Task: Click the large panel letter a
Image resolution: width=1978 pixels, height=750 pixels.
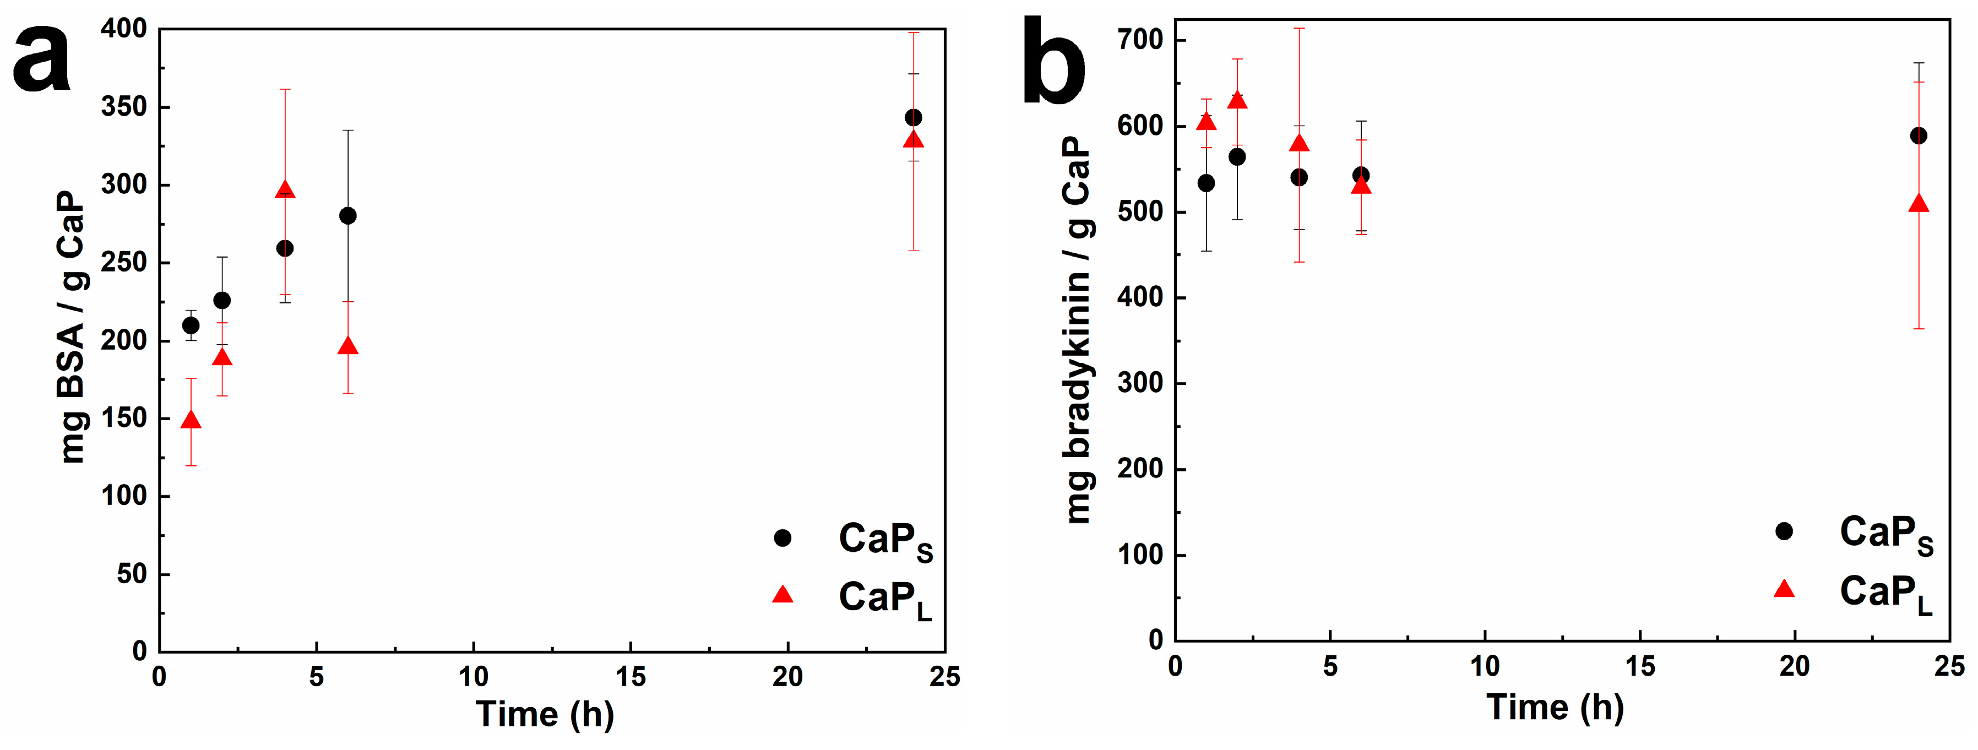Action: pyautogui.click(x=42, y=60)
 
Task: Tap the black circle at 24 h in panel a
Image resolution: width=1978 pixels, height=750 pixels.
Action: pyautogui.click(x=913, y=117)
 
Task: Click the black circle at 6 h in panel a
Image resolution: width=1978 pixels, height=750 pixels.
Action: pyautogui.click(x=348, y=216)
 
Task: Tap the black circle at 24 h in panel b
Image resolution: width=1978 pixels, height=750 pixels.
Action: pyautogui.click(x=1918, y=136)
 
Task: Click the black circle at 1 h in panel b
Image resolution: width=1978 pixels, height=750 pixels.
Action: pyautogui.click(x=1207, y=183)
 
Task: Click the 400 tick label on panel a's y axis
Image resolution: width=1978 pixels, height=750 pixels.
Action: pyautogui.click(x=123, y=29)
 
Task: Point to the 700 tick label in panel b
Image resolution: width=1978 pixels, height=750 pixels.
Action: pyautogui.click(x=1141, y=39)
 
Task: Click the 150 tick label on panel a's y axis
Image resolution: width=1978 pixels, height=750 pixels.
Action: pyautogui.click(x=123, y=419)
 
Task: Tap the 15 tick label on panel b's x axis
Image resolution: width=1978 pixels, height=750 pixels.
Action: pyautogui.click(x=1640, y=666)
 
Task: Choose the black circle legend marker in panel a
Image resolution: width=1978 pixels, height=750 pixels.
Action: pyautogui.click(x=782, y=538)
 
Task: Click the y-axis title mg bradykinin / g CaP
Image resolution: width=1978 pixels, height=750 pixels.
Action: pyautogui.click(x=1078, y=330)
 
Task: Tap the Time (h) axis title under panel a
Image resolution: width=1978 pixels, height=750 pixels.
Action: pyautogui.click(x=545, y=714)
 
